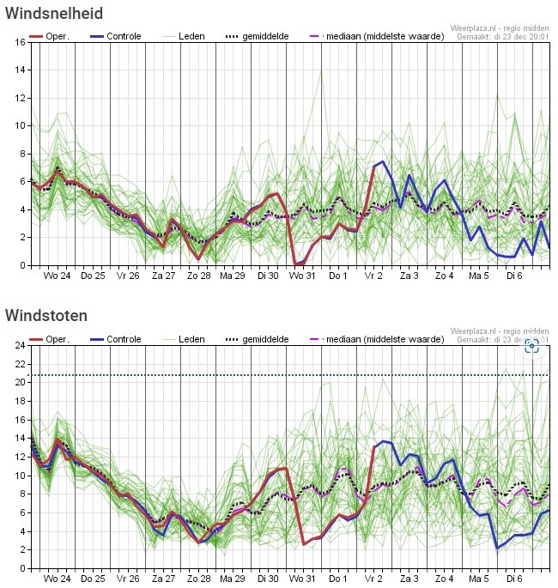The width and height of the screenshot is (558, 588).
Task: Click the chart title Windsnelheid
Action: tap(53, 13)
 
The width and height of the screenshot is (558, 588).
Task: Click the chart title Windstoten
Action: tap(45, 315)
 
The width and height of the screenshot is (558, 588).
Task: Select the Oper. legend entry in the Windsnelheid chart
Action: tap(51, 37)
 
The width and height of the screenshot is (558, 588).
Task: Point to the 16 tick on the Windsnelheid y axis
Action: tap(20, 42)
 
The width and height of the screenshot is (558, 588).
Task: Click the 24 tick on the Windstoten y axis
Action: tap(20, 345)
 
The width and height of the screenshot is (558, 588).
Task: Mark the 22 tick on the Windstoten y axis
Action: tap(20, 364)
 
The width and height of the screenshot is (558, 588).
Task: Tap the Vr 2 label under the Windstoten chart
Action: tap(373, 579)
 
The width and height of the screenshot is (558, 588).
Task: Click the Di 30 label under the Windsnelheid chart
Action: tap(267, 276)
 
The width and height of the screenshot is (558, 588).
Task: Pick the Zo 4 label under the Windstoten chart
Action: tap(444, 579)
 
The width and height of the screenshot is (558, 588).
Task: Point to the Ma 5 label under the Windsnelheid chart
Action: tap(478, 276)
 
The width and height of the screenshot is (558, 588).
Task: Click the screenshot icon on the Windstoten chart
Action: tap(531, 346)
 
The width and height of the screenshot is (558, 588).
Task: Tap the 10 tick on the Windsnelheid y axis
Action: tap(20, 125)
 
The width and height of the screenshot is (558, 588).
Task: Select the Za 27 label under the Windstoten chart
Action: tap(162, 579)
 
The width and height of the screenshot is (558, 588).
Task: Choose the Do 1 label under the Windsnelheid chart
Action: tap(338, 276)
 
